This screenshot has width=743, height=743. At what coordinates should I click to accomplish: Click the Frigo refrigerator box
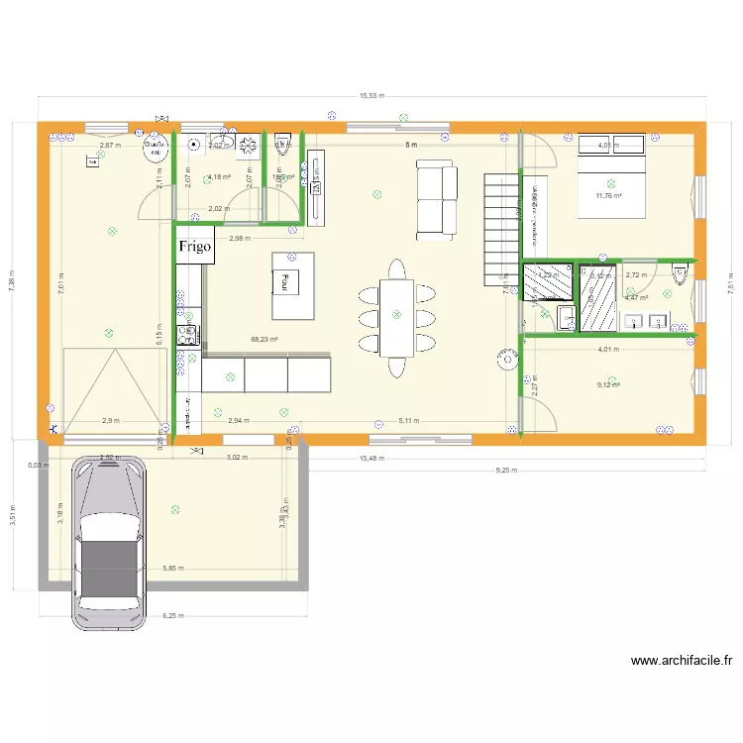(x=195, y=249)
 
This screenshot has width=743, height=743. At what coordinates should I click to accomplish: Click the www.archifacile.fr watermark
(x=682, y=661)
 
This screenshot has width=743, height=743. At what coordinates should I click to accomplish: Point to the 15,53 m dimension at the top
(x=372, y=96)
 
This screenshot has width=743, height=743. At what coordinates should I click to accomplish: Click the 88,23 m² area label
(x=265, y=339)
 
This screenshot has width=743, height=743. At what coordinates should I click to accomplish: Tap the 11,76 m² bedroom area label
(x=608, y=196)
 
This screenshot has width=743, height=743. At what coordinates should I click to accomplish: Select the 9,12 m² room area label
(x=607, y=385)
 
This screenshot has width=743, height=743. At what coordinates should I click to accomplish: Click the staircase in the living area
(x=501, y=228)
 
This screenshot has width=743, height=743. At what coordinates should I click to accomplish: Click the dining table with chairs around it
(x=397, y=318)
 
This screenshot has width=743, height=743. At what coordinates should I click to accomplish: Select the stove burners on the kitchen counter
(x=186, y=336)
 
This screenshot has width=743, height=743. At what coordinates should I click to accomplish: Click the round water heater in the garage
(x=155, y=148)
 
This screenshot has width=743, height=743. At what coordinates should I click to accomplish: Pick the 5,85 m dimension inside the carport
(x=172, y=569)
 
